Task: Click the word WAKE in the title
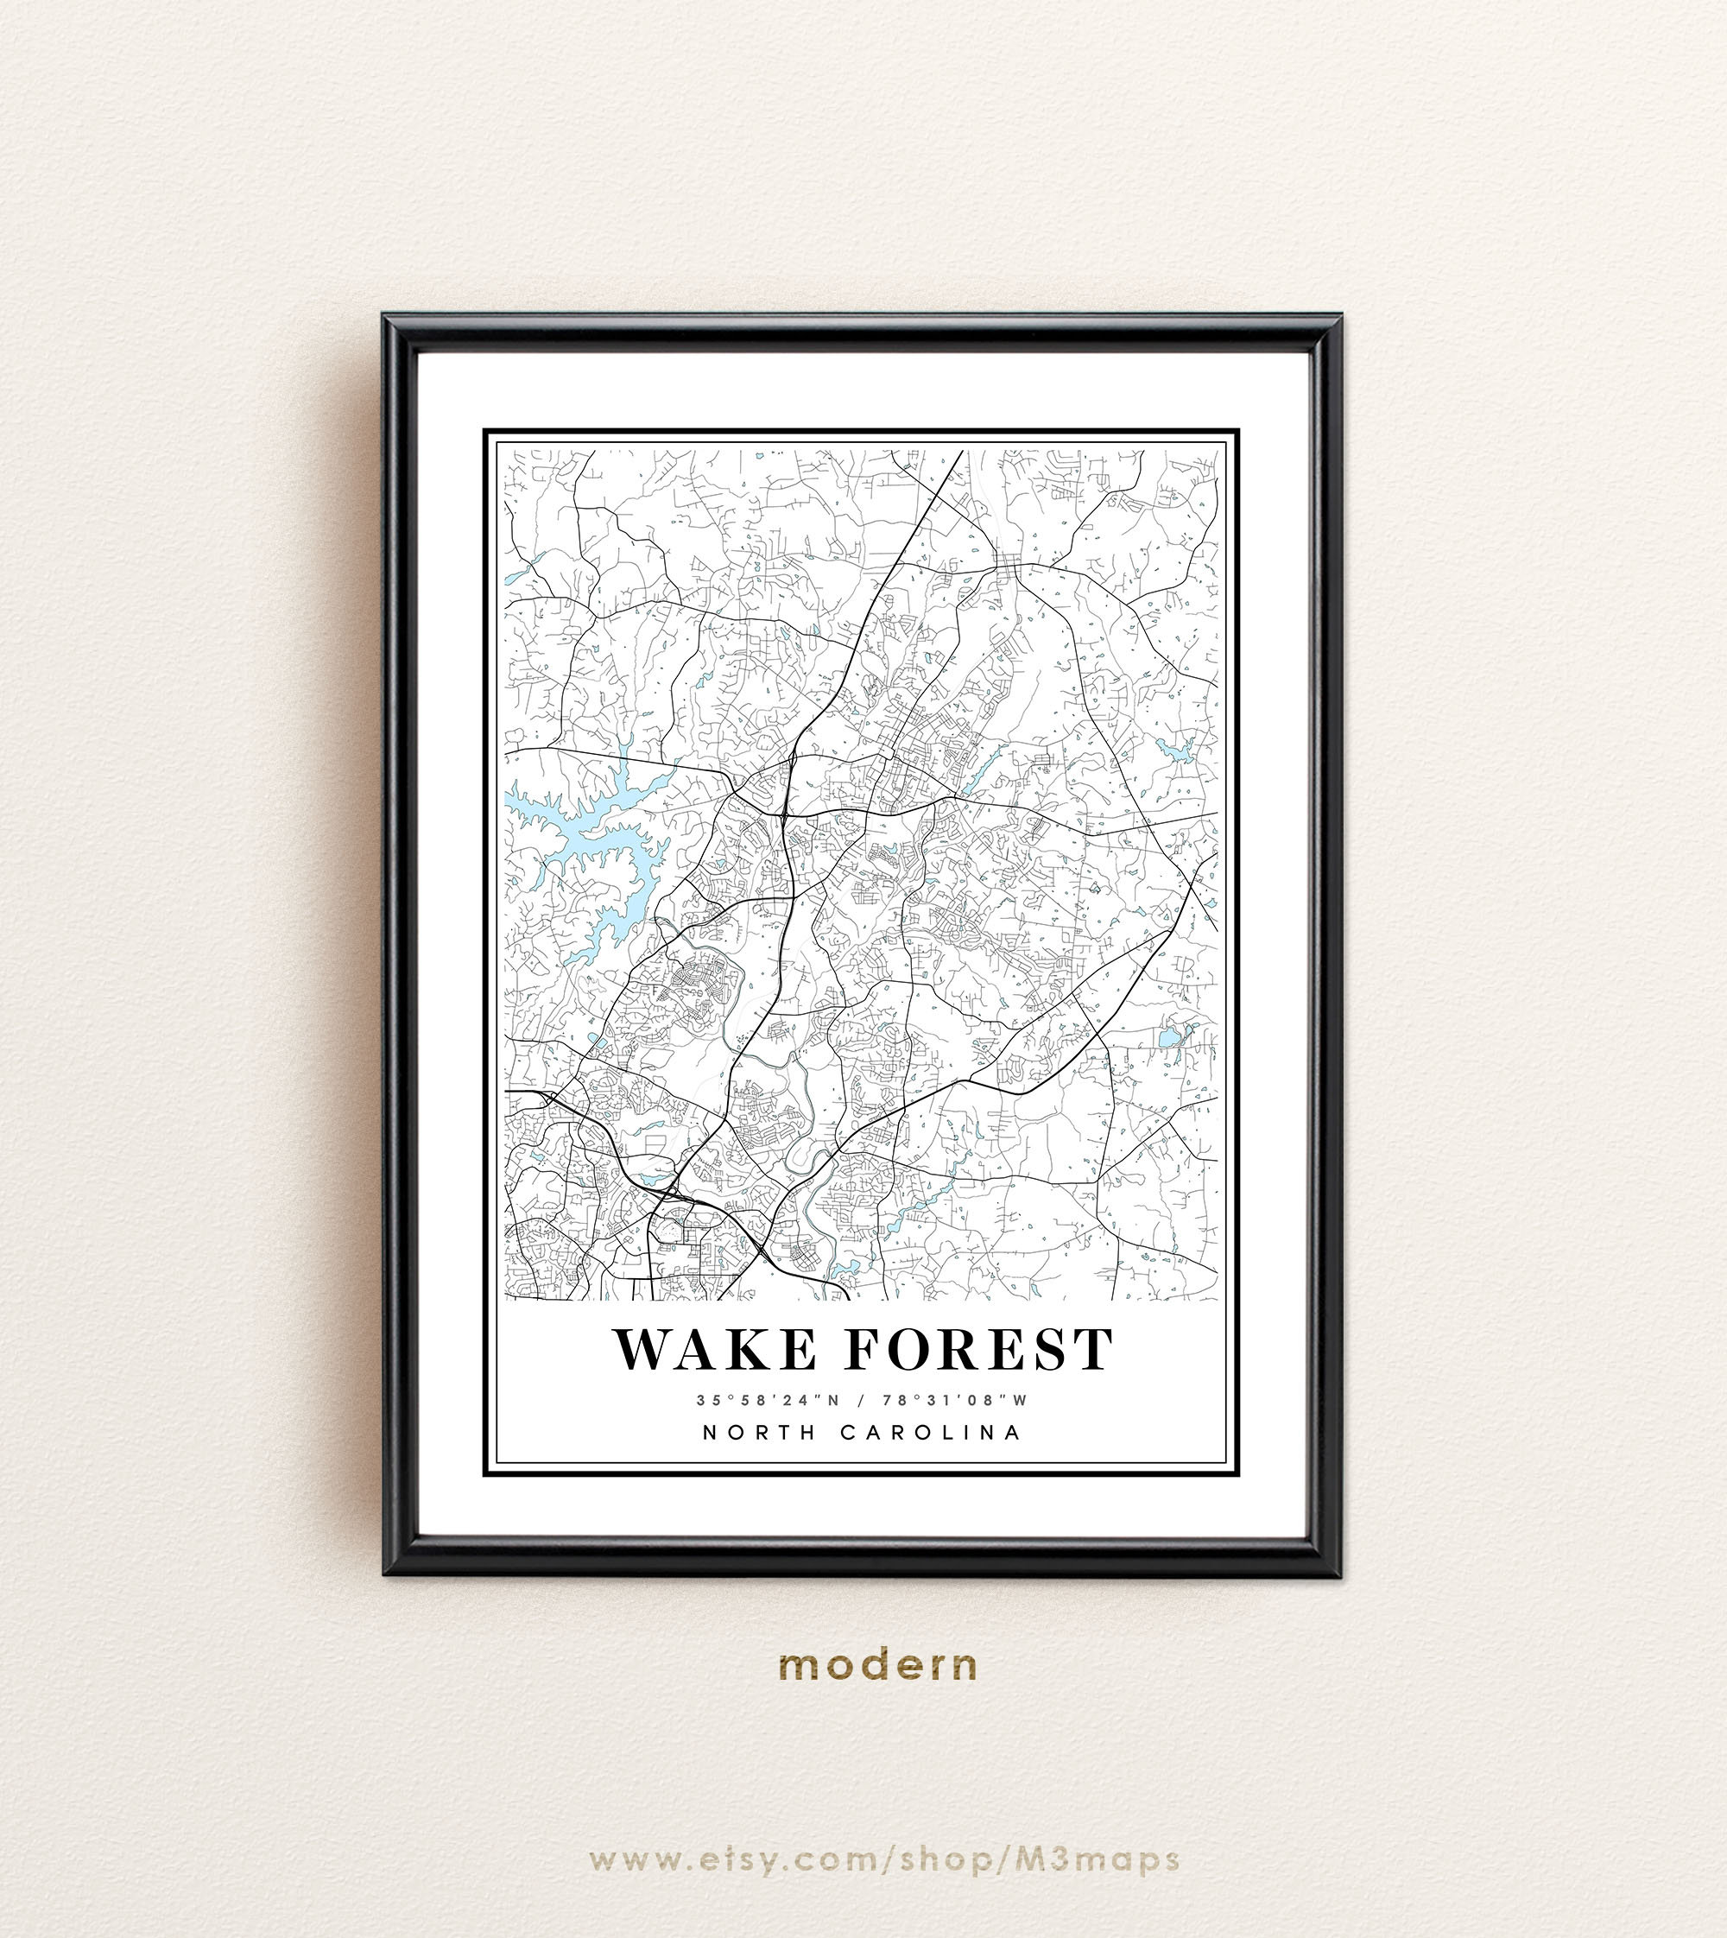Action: [x=714, y=1349]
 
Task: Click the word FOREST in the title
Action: [x=978, y=1349]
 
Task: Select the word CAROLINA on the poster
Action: [x=930, y=1432]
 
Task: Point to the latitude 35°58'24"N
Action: [x=762, y=1400]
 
